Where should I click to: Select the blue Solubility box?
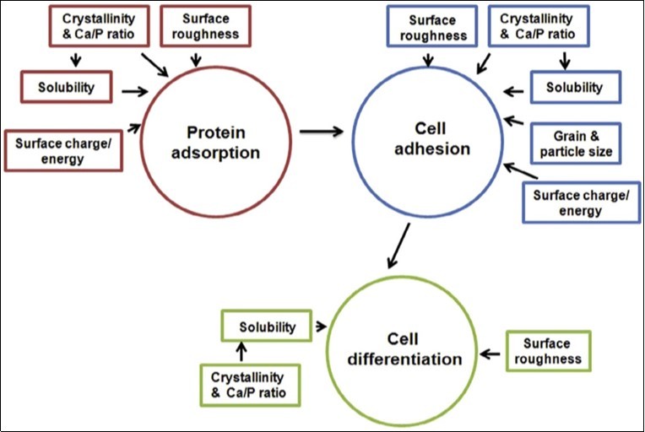[x=574, y=87]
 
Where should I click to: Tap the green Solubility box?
[x=266, y=327]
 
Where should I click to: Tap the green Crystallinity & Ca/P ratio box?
[x=247, y=383]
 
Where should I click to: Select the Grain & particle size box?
[x=574, y=143]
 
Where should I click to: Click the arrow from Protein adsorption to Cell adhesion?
[x=321, y=131]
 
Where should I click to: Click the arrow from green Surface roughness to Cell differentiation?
[x=491, y=352]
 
